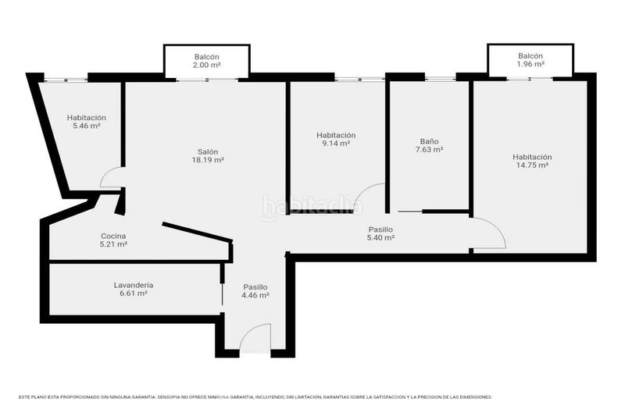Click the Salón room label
[x=207, y=151]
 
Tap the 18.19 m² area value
[x=207, y=160]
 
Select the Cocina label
[x=113, y=236]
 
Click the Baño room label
[x=430, y=141]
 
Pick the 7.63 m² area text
[x=430, y=150]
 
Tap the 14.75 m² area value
[x=532, y=165]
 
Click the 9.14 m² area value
[x=335, y=143]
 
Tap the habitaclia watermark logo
[x=312, y=206]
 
